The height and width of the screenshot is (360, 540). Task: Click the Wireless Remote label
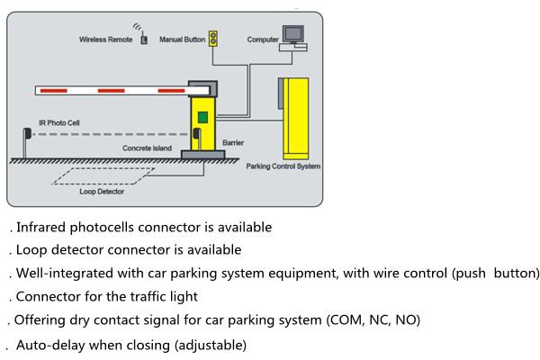pos(105,40)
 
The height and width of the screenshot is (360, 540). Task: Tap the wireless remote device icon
pos(144,38)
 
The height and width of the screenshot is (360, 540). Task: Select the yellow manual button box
pos(213,39)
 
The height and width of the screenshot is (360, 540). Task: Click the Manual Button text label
pos(182,40)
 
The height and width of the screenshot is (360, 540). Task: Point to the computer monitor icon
pos(293,34)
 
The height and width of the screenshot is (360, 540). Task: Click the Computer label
pos(263,40)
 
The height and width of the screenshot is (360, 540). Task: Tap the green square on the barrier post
pos(202,118)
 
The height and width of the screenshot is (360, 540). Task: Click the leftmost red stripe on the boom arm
pos(54,91)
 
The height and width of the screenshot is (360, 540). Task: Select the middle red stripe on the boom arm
pos(112,91)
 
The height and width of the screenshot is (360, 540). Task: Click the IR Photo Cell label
pos(59,123)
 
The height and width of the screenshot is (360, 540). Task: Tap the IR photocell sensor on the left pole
pos(27,133)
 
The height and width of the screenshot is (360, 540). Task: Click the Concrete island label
pos(147,148)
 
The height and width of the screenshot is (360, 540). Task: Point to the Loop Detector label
pos(102,192)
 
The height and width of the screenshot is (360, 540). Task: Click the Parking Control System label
pos(283,166)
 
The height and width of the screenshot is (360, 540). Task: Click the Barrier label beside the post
pos(233,142)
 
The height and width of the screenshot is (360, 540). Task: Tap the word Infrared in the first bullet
pos(41,228)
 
